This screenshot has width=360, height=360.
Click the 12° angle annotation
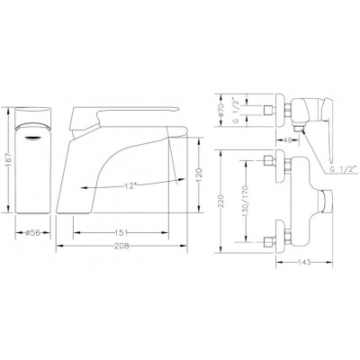(132, 185)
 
